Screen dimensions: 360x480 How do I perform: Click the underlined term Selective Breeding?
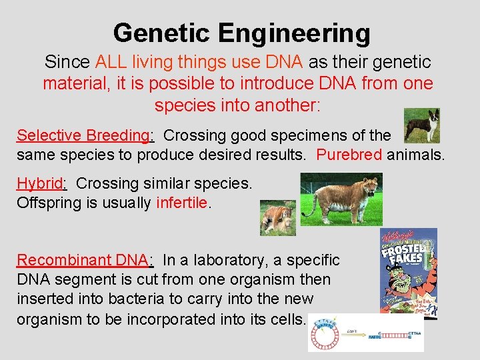click(85, 135)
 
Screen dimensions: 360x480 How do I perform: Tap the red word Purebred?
click(349, 155)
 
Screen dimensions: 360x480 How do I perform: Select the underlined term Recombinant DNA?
click(85, 260)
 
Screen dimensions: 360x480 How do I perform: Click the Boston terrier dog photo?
click(422, 125)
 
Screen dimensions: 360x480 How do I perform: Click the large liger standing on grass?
click(341, 199)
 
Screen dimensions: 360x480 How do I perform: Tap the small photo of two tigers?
click(277, 217)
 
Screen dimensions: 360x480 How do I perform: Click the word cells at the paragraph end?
click(285, 319)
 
